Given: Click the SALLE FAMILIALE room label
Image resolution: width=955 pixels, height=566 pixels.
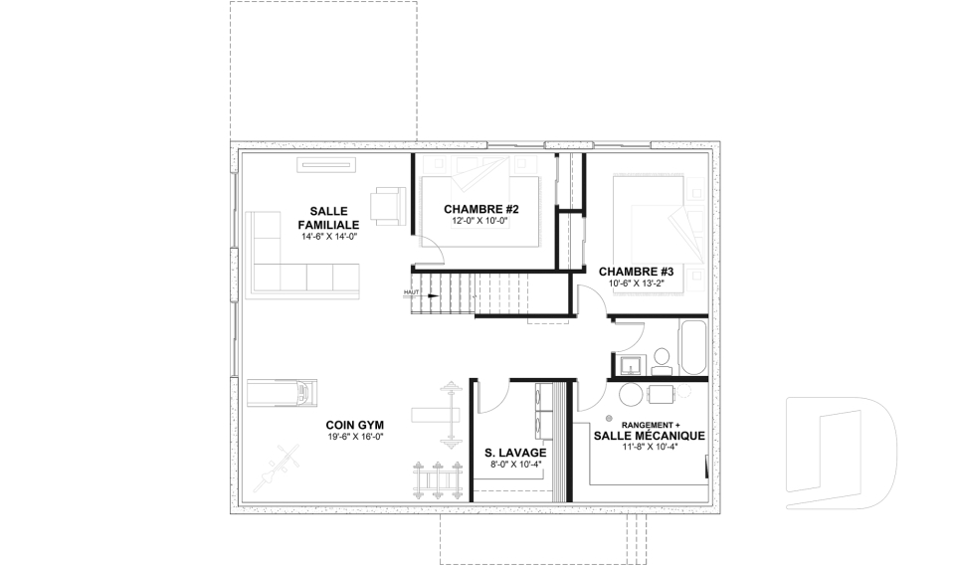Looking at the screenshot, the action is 328,218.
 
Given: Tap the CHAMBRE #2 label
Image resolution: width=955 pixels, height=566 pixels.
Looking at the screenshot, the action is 481,210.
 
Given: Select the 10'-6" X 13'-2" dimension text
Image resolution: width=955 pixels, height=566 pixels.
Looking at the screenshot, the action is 636,283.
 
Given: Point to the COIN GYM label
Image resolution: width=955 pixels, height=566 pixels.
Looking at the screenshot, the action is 354,426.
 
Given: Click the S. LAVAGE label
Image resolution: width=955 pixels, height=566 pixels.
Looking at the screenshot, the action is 515,453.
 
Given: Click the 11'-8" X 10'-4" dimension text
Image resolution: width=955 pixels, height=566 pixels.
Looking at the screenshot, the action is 650,447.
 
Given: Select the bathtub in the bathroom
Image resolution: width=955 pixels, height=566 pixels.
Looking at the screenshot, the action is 692,348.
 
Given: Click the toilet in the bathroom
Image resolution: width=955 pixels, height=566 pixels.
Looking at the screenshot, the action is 661,361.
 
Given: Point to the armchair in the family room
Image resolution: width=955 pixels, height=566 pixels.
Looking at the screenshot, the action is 388,206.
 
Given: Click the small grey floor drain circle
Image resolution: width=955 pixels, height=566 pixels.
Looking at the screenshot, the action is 608,418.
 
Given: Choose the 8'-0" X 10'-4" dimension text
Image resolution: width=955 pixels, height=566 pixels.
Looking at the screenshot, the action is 516,465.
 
